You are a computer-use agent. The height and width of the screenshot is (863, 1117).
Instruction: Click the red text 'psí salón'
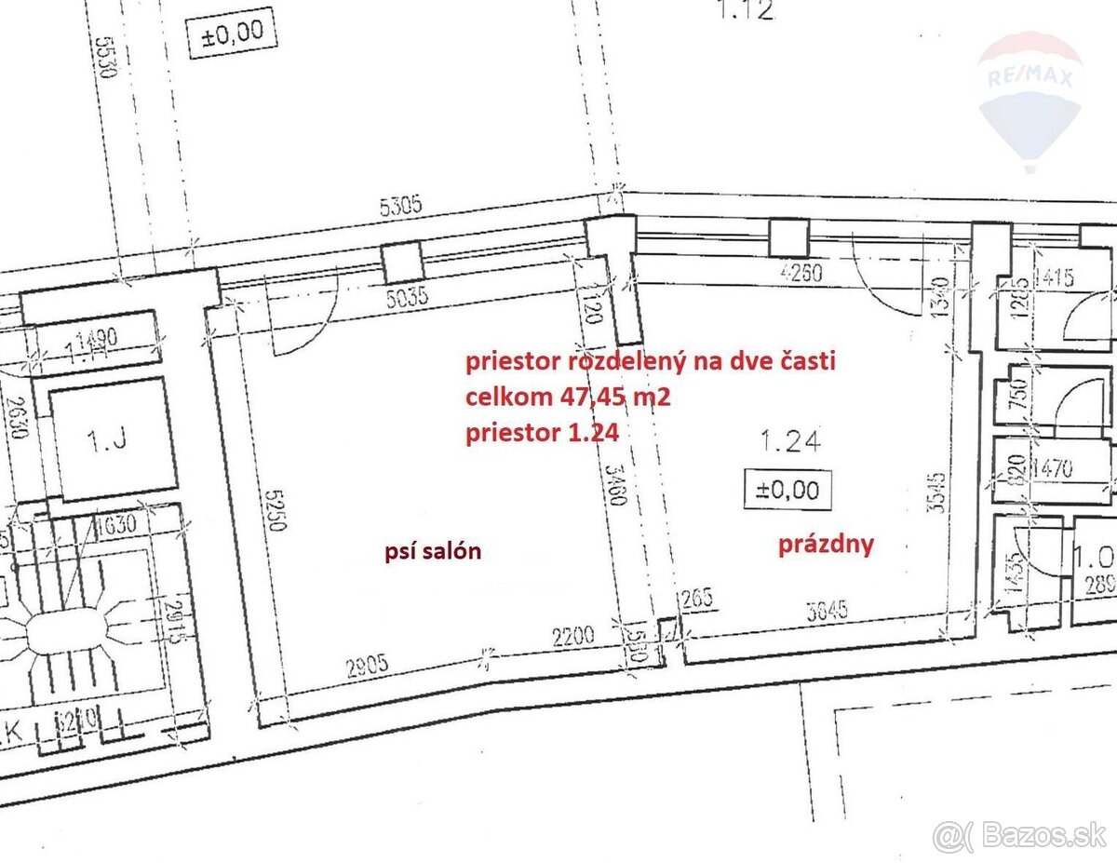coord(433,551)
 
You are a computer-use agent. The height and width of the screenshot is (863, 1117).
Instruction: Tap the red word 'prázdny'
coord(827,544)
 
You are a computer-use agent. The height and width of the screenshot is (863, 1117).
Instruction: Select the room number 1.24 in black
coord(790,440)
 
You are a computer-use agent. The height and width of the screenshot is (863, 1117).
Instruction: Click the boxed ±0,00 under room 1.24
coord(787,489)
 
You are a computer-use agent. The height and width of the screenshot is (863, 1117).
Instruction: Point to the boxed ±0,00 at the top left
coord(233,34)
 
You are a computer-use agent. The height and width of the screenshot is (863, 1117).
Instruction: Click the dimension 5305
coord(400,207)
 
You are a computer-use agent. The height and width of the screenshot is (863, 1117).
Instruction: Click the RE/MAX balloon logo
coord(1030,98)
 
